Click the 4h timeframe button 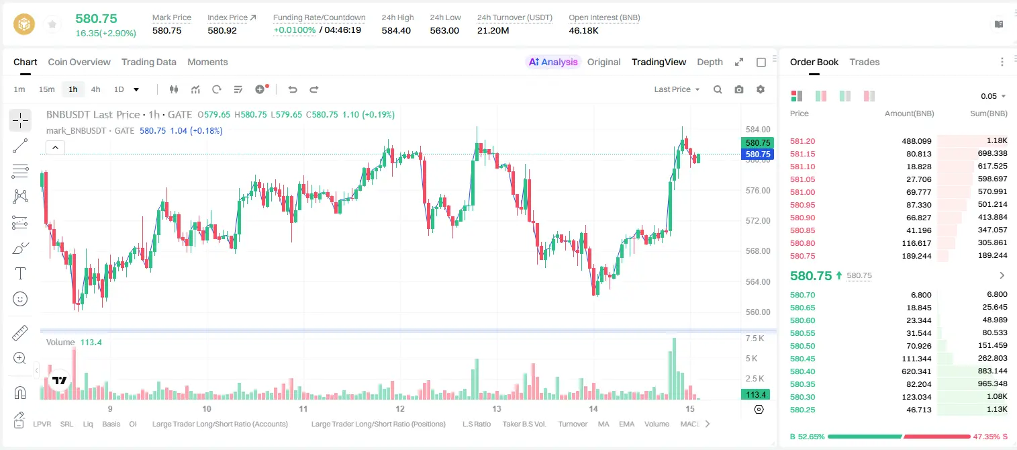[95, 89]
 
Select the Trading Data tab [149, 62]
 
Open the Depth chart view [710, 62]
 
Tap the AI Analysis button [553, 62]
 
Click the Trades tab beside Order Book [865, 62]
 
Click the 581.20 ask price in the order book [802, 141]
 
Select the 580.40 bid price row [802, 371]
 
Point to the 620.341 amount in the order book [916, 371]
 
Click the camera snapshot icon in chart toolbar [739, 89]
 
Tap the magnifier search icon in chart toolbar [718, 89]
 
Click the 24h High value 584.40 [396, 30]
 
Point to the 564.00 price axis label [758, 281]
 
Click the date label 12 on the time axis [399, 408]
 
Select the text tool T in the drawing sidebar [20, 273]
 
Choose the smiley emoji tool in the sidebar [20, 299]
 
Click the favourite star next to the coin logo [52, 24]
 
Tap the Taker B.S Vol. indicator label [524, 424]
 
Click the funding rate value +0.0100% [294, 30]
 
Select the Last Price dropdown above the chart [677, 89]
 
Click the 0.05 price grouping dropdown [993, 96]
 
